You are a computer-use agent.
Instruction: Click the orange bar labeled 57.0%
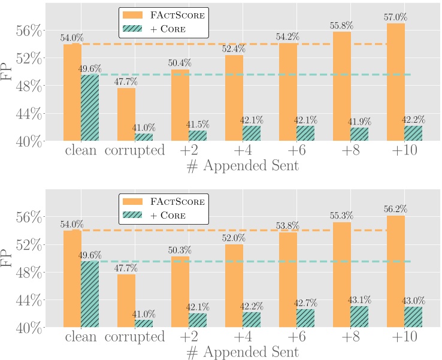point(396,82)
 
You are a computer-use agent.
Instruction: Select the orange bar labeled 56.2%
point(396,271)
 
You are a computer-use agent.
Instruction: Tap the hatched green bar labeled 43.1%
point(359,317)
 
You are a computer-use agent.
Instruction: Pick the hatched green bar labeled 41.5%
point(198,136)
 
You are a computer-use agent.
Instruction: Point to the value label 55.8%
point(342,26)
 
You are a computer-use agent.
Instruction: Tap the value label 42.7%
point(306,302)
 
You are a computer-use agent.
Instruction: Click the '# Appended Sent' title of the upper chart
point(243,167)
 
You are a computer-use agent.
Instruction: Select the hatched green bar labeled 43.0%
point(413,317)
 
